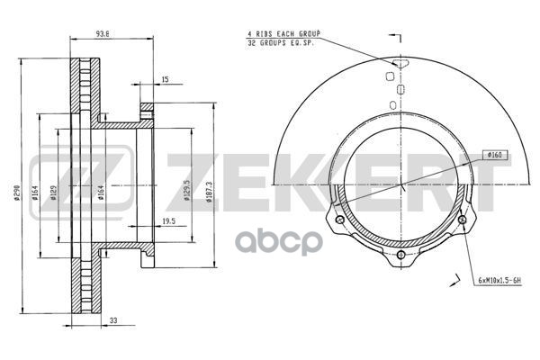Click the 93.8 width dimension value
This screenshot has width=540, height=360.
(103, 34)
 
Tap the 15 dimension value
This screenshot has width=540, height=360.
(165, 79)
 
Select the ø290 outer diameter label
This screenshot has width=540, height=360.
(17, 193)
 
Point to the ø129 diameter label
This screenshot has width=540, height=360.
(53, 193)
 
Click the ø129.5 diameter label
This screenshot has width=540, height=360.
(187, 190)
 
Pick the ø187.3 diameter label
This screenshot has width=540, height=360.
(209, 192)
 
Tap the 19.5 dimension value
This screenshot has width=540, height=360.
(169, 221)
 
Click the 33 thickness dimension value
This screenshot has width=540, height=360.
(113, 320)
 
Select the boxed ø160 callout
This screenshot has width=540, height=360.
(495, 156)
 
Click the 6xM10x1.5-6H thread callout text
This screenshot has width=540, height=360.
(499, 281)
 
